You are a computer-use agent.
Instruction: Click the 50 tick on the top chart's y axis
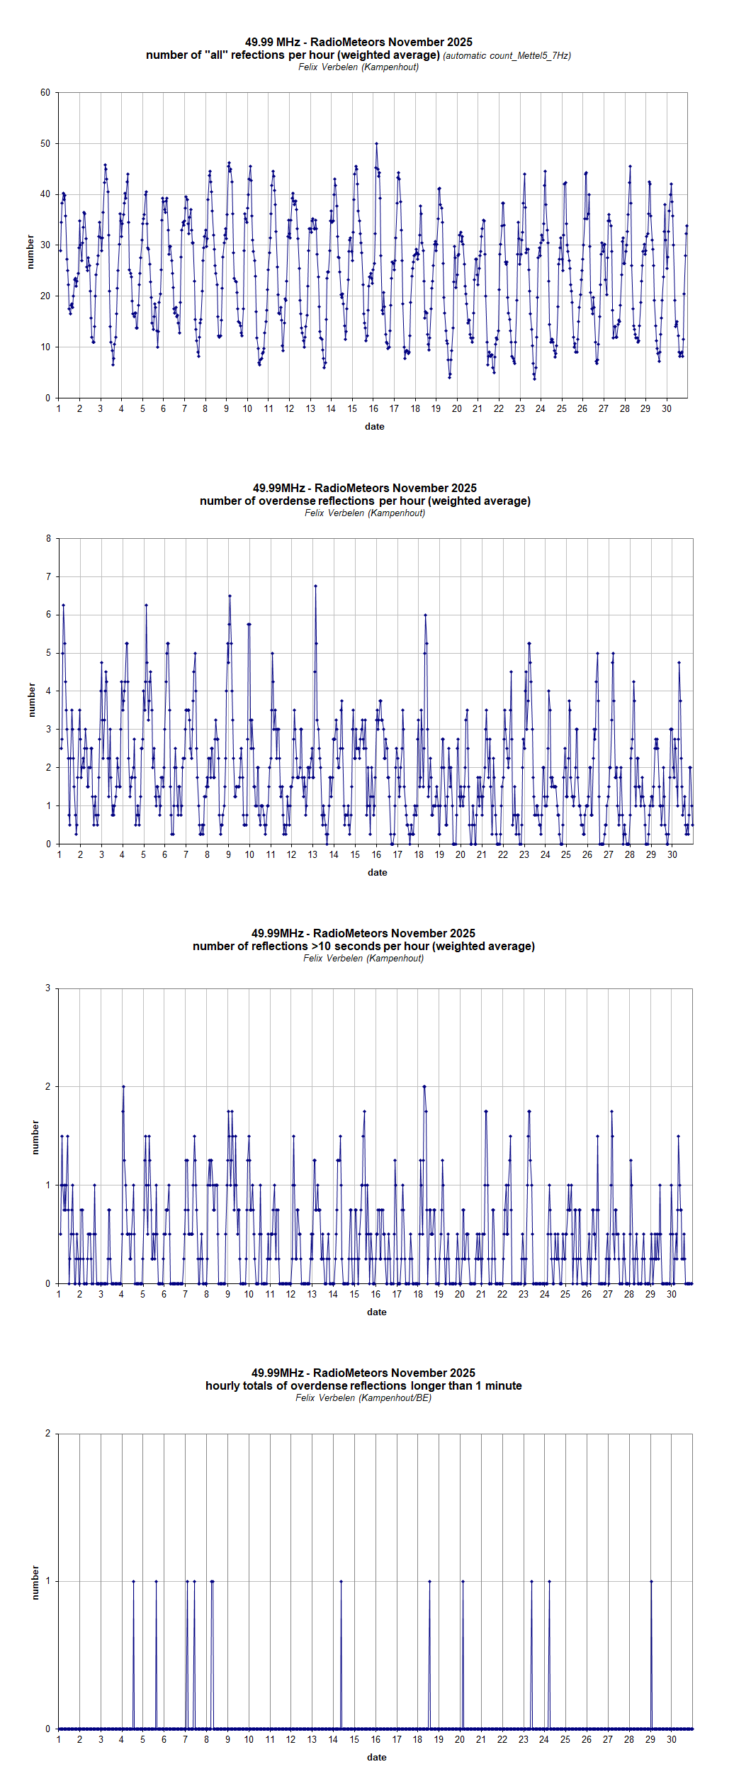click(x=45, y=143)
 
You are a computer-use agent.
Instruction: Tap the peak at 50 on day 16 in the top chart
click(x=376, y=144)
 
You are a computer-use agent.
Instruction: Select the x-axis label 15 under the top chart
click(x=352, y=409)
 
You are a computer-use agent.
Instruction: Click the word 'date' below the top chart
click(x=374, y=427)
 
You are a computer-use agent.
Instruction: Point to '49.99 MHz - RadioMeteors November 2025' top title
click(x=358, y=43)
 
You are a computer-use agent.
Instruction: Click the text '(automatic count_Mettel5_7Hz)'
click(x=507, y=56)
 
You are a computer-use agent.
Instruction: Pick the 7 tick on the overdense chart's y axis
click(x=48, y=577)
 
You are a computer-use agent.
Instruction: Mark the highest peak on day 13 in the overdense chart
click(x=315, y=586)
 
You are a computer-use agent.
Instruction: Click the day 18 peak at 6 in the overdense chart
click(x=425, y=615)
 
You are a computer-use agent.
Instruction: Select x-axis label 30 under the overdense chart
click(x=672, y=855)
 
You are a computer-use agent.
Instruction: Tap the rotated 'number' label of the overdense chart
click(x=31, y=700)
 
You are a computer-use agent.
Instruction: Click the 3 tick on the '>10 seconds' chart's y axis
click(x=48, y=988)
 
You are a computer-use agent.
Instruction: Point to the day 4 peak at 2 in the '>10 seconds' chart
click(x=123, y=1087)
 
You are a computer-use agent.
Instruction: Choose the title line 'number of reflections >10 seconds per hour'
click(x=363, y=947)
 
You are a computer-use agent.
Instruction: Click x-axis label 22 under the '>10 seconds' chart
click(x=502, y=1295)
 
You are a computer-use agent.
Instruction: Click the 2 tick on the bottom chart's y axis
click(x=48, y=1434)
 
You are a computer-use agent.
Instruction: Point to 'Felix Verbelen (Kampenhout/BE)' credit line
click(x=363, y=1398)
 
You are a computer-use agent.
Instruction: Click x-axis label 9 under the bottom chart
click(x=227, y=1740)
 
